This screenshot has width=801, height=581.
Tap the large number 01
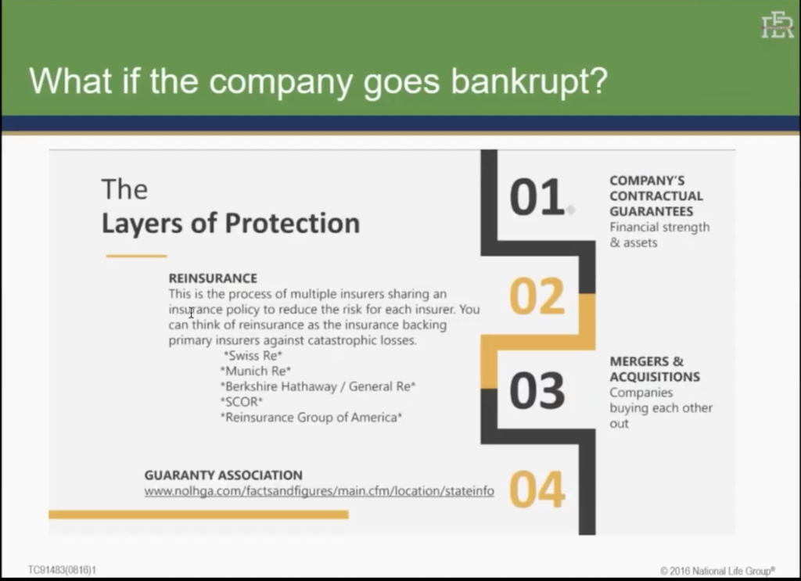[x=537, y=197]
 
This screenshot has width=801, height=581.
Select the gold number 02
[x=537, y=296]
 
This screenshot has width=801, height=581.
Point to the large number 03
[x=537, y=391]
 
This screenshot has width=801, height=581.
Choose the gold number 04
[x=537, y=489]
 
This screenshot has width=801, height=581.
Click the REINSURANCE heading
[x=213, y=278]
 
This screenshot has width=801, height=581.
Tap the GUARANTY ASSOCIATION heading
[x=223, y=475]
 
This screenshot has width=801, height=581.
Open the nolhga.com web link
[x=319, y=491]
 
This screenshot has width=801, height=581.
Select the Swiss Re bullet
[x=253, y=355]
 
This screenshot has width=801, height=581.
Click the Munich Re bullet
[x=256, y=371]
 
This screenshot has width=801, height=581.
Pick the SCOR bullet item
[x=242, y=402]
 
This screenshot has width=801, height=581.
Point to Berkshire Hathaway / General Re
[x=318, y=386]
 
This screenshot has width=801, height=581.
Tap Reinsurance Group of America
[x=311, y=418]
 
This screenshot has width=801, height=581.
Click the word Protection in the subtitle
[x=293, y=224]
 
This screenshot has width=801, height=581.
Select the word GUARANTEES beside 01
[x=652, y=211]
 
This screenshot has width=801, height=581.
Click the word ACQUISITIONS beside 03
[x=655, y=377]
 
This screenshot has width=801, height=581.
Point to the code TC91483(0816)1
[x=62, y=570]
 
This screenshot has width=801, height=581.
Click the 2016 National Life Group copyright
[x=717, y=571]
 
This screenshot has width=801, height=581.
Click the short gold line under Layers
[x=136, y=256]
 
